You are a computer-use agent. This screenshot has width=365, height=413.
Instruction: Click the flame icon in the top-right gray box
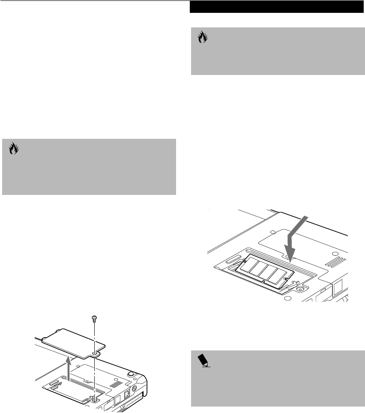pos(202,38)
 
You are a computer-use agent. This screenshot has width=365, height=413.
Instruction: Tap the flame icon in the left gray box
pos(13,149)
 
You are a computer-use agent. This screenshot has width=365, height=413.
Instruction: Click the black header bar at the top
pos(276,7)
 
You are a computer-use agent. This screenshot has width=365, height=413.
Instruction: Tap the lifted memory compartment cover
pos(73,339)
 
